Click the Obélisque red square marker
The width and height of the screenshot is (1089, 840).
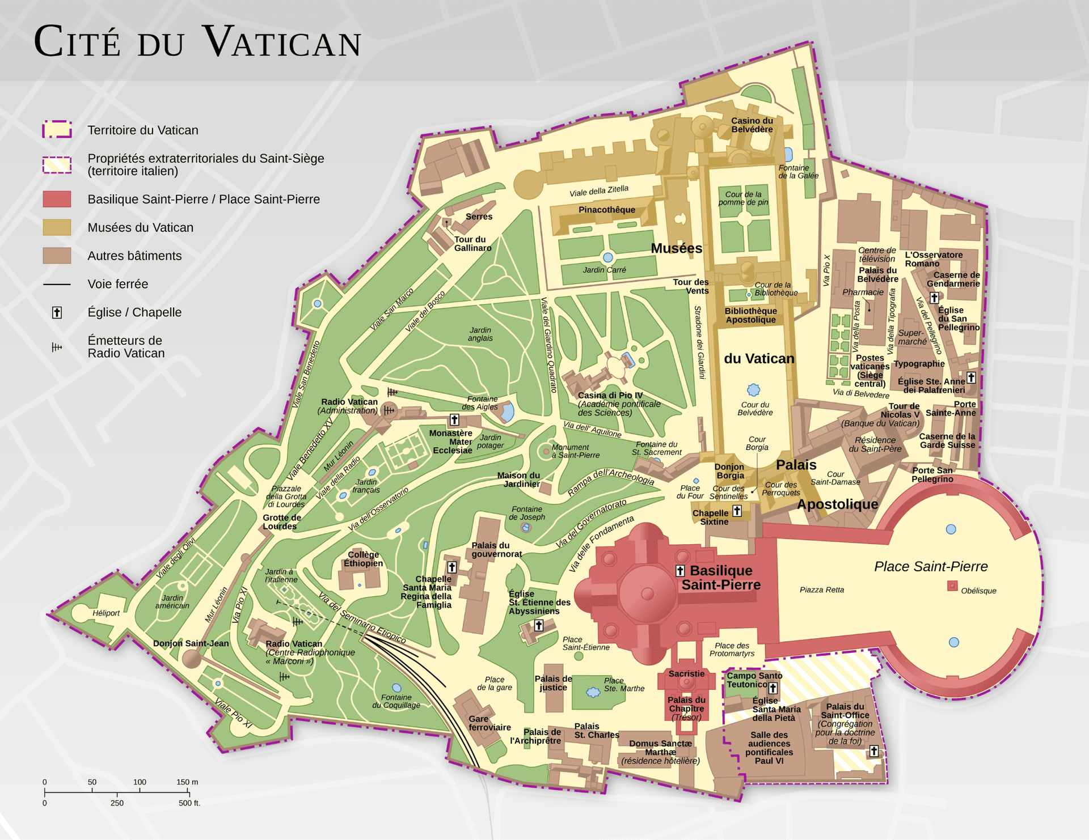click(x=952, y=586)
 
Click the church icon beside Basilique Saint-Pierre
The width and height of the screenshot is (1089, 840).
click(x=680, y=571)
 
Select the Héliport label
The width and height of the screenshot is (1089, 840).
click(x=106, y=613)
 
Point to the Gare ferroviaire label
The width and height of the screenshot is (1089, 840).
click(x=489, y=723)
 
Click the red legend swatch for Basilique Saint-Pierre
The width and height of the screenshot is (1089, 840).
click(x=57, y=199)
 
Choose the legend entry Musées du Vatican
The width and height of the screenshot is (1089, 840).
click(x=140, y=227)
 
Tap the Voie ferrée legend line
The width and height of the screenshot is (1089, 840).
click(x=57, y=284)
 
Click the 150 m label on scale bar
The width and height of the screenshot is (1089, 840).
click(x=187, y=782)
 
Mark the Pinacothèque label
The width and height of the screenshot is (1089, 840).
click(x=606, y=210)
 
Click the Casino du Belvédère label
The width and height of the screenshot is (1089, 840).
click(x=752, y=125)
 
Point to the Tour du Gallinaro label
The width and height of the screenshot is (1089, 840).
click(x=472, y=243)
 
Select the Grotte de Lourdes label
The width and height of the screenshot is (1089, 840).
click(x=281, y=521)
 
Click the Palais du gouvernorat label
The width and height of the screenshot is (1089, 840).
click(x=496, y=549)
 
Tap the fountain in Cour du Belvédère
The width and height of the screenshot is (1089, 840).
click(x=753, y=390)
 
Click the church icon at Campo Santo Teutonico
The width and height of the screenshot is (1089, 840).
click(x=773, y=688)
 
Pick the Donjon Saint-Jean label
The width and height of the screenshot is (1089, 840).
click(x=191, y=643)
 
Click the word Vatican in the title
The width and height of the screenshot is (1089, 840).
click(x=281, y=43)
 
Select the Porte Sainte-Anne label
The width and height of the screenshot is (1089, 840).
click(x=951, y=408)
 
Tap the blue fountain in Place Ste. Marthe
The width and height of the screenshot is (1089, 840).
click(x=593, y=692)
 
